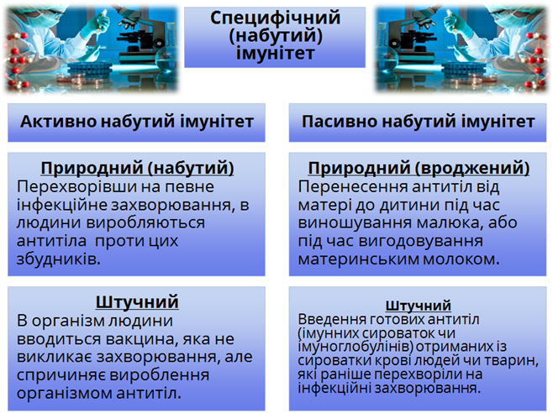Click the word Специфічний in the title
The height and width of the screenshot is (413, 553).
[x=275, y=18]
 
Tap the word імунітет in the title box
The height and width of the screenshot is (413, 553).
[x=275, y=54]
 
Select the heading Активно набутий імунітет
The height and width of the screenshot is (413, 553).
[x=136, y=122]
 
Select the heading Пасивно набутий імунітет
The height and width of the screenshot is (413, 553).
[x=418, y=122]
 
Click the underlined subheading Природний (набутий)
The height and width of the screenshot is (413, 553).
[x=137, y=168]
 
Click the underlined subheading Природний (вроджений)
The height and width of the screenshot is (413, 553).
[x=419, y=168]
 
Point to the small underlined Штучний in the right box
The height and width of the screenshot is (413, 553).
[x=419, y=306]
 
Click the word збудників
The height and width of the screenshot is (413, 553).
[x=56, y=259]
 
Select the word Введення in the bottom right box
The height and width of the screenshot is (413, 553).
[x=329, y=320]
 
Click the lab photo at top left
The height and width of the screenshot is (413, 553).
[x=92, y=38]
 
